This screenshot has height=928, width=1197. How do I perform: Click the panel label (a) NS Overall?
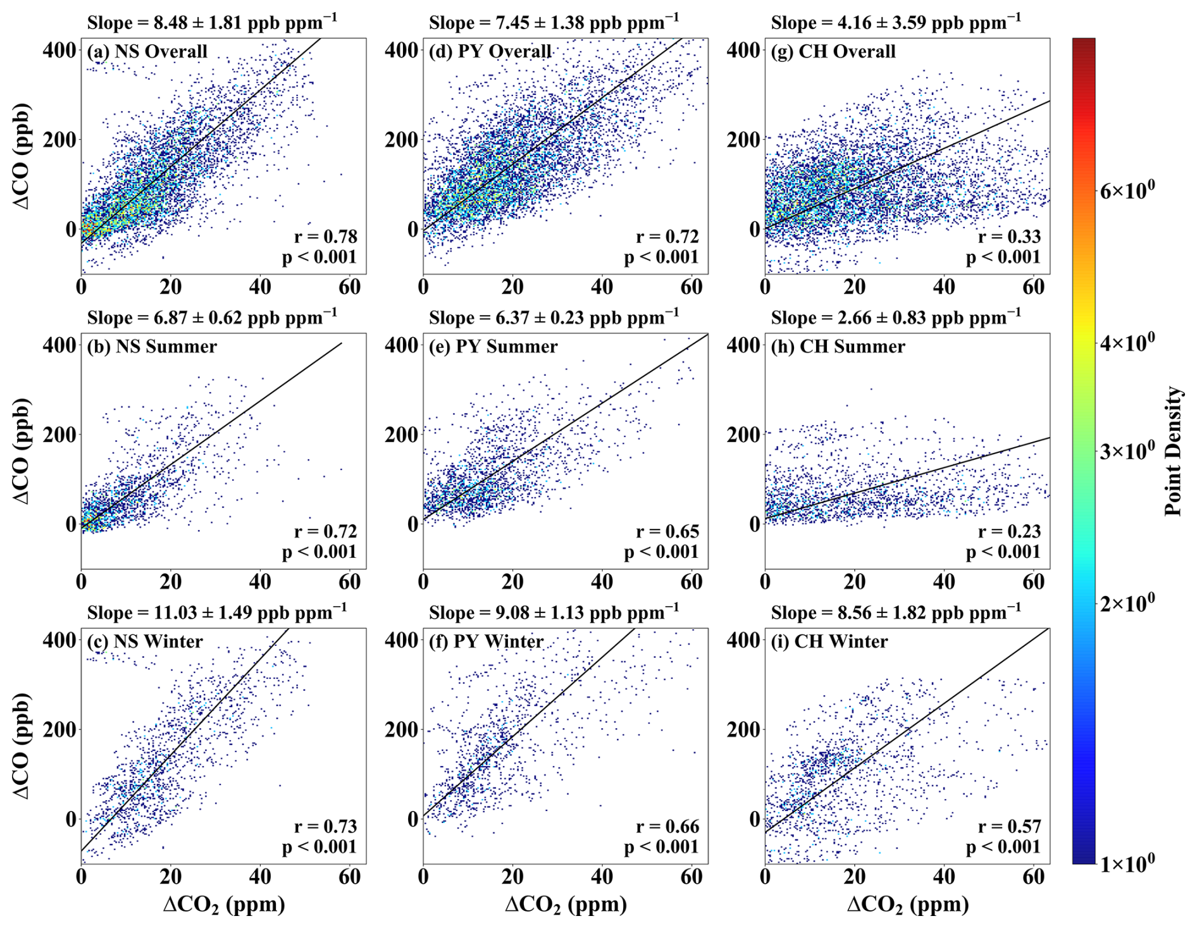(147, 51)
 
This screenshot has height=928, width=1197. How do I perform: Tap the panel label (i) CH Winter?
(829, 641)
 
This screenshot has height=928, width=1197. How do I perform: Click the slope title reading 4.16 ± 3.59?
(896, 22)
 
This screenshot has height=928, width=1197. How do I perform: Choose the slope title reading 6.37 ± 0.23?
(554, 317)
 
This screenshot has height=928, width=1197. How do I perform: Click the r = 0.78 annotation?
(326, 237)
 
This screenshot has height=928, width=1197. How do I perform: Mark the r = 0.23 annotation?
(1009, 531)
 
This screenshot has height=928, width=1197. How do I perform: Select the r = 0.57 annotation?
(1009, 826)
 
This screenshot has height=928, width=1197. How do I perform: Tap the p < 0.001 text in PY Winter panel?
(661, 847)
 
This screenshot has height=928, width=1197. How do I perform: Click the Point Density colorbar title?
(1174, 451)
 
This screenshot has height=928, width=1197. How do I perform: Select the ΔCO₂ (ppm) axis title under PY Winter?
(566, 905)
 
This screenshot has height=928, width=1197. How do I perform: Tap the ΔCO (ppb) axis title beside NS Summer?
(22, 451)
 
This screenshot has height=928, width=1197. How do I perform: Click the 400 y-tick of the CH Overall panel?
(743, 50)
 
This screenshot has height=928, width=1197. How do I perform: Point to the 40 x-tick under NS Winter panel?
(260, 877)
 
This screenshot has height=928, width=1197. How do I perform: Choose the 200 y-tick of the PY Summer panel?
(401, 435)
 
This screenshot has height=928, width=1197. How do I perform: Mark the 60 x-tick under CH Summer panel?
(1034, 582)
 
